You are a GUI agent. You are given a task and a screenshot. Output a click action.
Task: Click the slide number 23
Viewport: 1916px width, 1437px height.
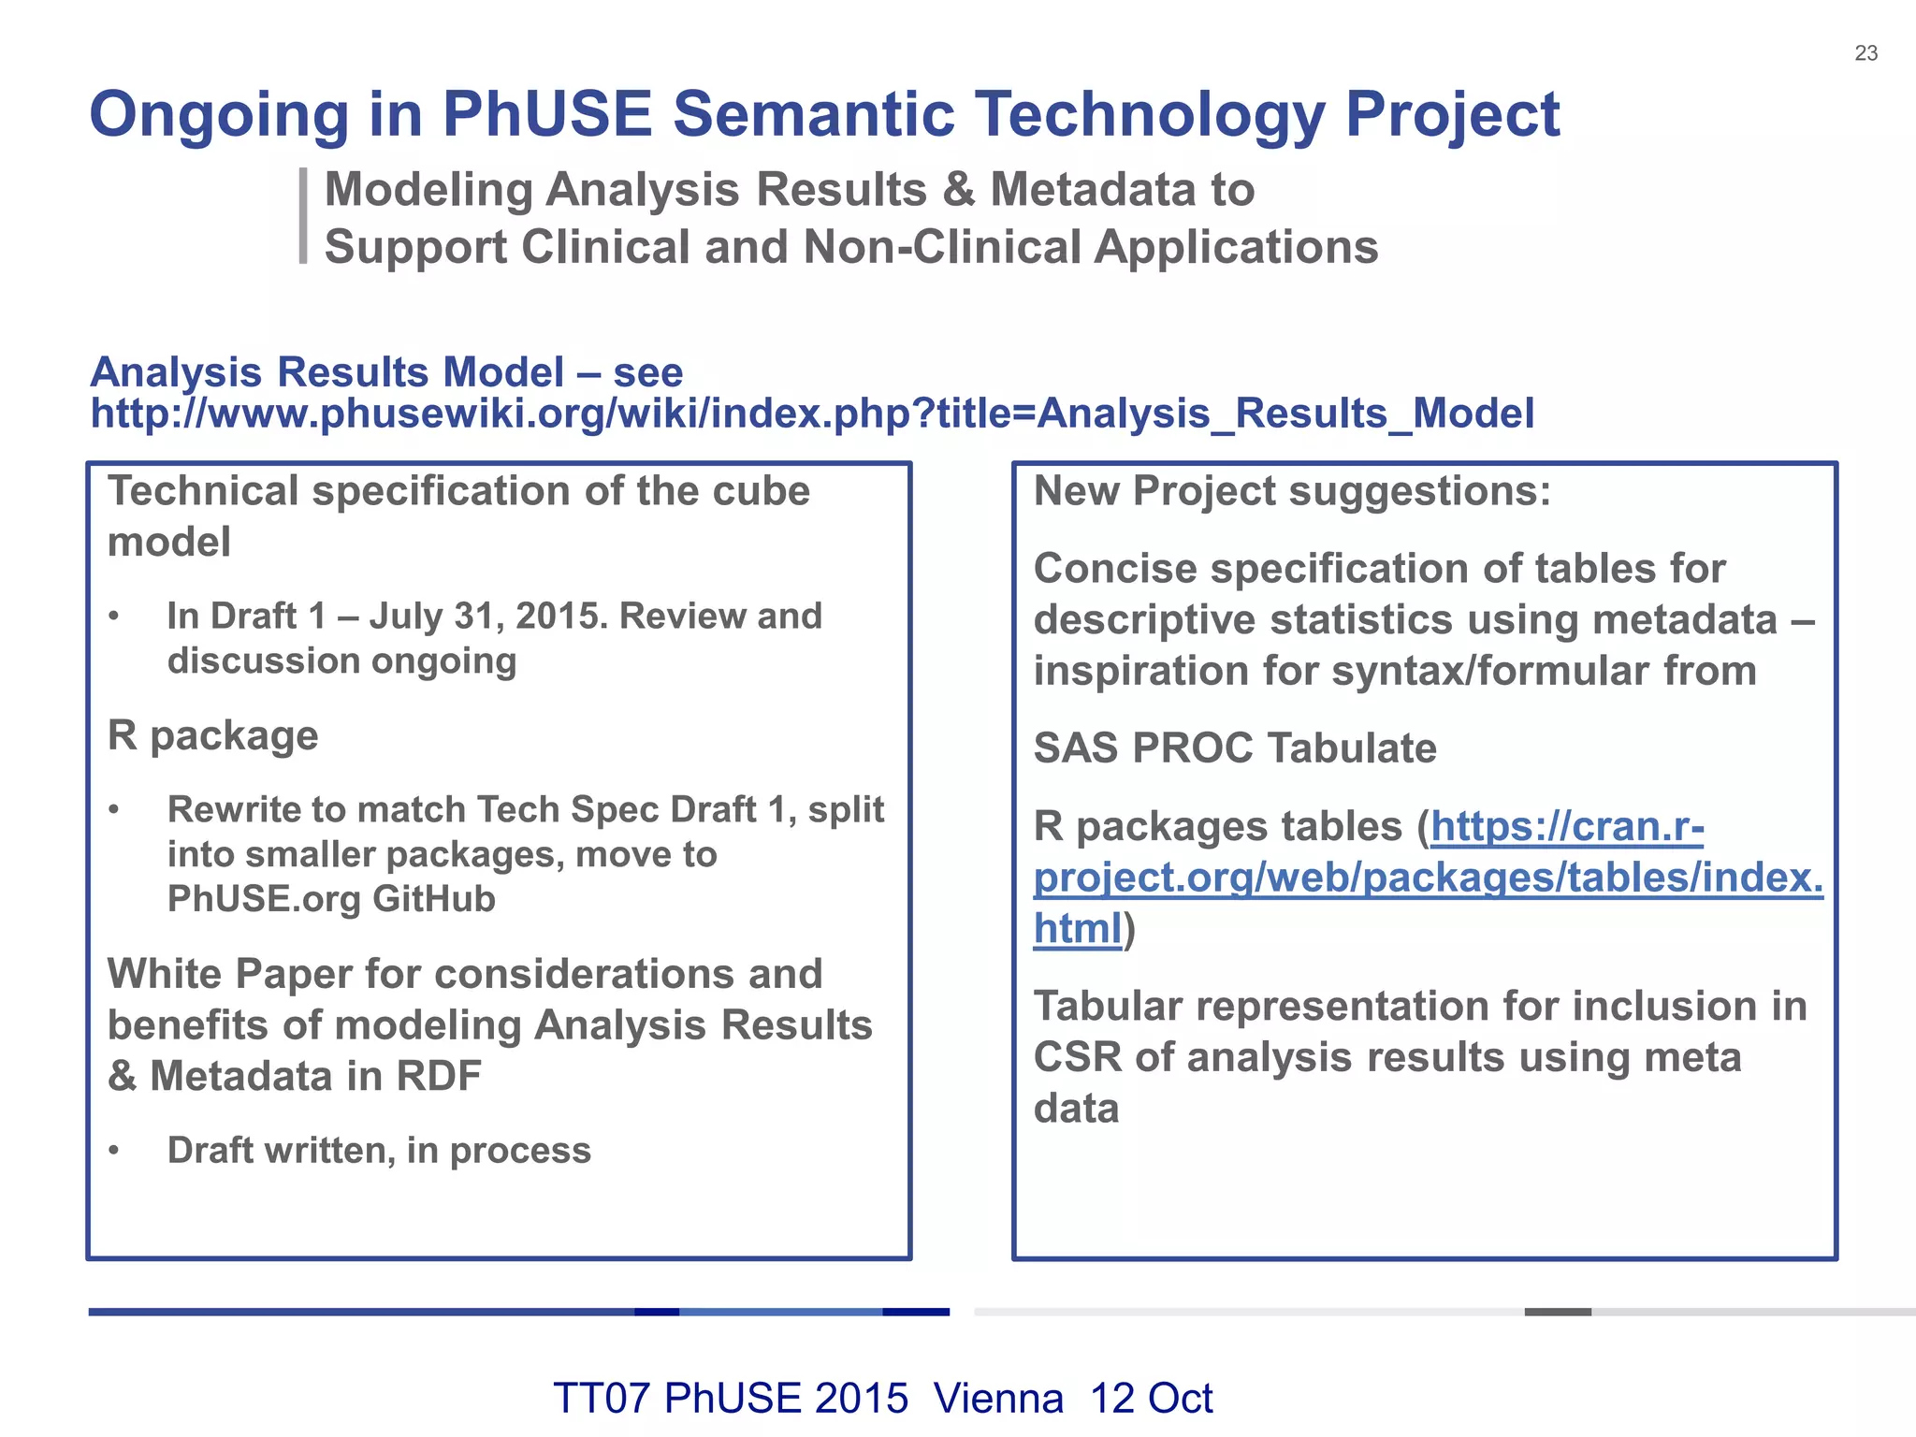click(1865, 53)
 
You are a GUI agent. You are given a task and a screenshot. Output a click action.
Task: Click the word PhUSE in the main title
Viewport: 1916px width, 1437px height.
click(545, 114)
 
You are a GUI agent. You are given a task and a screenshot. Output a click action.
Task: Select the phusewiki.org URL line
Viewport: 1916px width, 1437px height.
click(812, 414)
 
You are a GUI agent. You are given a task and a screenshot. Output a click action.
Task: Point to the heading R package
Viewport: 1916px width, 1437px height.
click(213, 735)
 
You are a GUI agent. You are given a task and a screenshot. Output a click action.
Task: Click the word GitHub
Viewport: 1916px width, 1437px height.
click(433, 899)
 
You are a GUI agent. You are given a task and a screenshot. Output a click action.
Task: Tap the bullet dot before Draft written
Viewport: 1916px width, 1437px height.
click(114, 1151)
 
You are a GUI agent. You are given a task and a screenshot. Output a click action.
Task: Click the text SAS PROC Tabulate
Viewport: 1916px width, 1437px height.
click(1235, 748)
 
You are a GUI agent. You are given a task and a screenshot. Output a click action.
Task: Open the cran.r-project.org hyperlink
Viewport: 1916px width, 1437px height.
click(1428, 878)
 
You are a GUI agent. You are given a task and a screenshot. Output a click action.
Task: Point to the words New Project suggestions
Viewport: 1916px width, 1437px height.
click(1292, 491)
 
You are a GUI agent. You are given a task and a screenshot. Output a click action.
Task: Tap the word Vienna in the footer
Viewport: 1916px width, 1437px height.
click(998, 1399)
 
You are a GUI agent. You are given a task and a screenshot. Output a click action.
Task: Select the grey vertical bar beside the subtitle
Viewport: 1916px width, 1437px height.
click(303, 216)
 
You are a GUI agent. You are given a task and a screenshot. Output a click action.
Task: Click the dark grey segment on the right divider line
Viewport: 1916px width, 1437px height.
click(1558, 1312)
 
